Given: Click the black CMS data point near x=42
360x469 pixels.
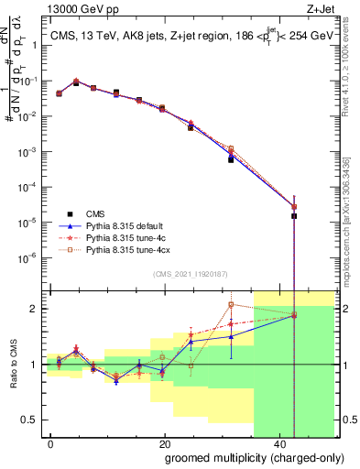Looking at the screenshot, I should coord(294,216).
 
